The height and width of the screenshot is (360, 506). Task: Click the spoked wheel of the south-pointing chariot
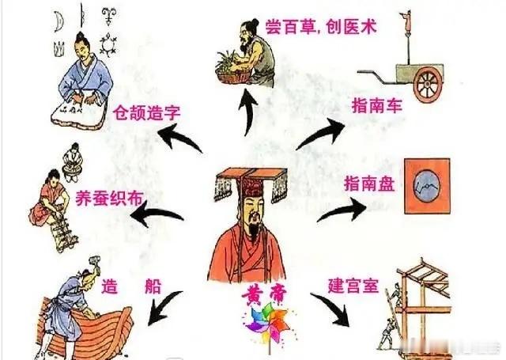point(432,89)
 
